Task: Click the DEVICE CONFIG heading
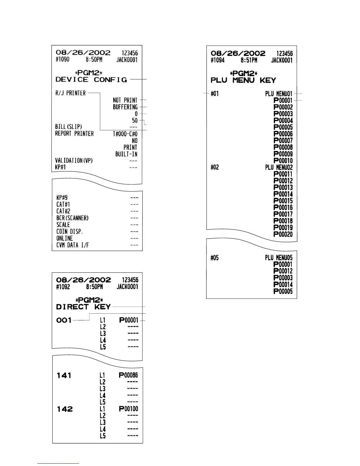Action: tap(91, 80)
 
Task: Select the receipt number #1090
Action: tap(62, 60)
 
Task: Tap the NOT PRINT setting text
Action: tap(125, 100)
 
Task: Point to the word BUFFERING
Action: tap(125, 107)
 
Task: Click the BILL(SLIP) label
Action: tap(69, 127)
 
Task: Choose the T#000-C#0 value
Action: tap(125, 134)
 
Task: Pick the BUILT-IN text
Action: tap(126, 154)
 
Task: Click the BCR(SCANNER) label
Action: tap(72, 218)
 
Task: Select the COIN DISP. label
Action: tap(70, 232)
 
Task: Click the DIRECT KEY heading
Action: tap(83, 307)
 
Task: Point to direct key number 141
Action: tap(64, 375)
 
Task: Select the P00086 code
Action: tap(128, 375)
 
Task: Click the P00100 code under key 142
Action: tap(128, 409)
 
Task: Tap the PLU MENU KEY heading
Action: tap(243, 80)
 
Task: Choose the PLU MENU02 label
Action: tap(279, 167)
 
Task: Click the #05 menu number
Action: tap(215, 258)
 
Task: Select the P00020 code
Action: tap(283, 234)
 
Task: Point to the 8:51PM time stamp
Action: tap(249, 60)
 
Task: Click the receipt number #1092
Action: tap(63, 287)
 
